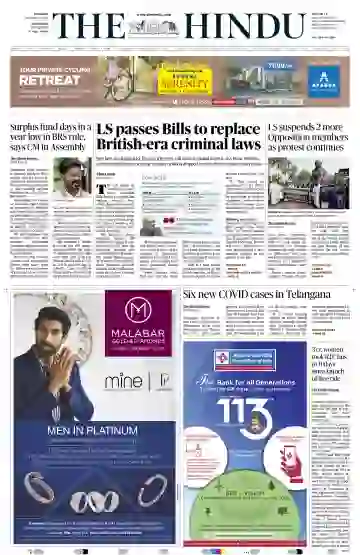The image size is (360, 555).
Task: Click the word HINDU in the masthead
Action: coord(237,28)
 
